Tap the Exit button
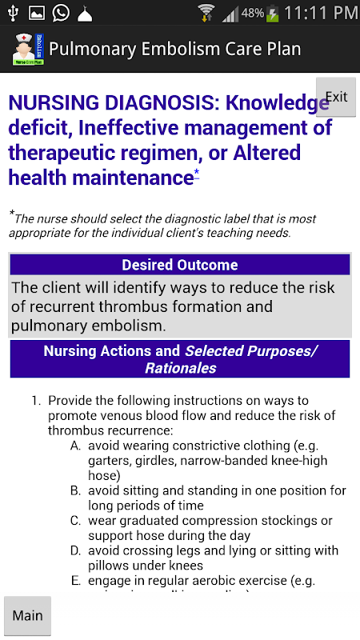336,97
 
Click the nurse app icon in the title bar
28,50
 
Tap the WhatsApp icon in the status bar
61,13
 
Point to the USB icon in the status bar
13,13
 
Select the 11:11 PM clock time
321,13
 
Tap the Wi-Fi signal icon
206,13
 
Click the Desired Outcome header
180,265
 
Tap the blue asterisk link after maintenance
197,173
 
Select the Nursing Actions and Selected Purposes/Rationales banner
180,359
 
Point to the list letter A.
75,446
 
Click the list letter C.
75,521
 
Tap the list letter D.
75,551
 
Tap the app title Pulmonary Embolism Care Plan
174,49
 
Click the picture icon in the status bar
36,13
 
